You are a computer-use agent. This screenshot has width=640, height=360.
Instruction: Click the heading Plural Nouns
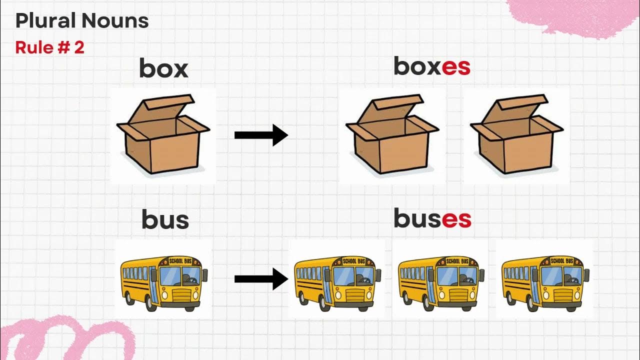82,21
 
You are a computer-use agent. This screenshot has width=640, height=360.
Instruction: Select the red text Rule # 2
49,47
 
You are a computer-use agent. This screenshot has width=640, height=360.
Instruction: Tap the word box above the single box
163,68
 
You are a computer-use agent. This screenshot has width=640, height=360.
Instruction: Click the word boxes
432,66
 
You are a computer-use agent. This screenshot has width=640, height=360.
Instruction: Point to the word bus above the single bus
165,220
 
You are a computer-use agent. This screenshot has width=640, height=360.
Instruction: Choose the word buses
432,218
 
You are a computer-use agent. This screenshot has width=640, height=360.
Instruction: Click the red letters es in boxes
456,67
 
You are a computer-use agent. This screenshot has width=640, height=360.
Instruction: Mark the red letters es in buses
456,219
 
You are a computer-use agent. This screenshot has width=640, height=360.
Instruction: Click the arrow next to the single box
261,135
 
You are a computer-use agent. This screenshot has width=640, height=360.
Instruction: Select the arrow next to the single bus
261,278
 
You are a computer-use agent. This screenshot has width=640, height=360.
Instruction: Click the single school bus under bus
164,280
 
